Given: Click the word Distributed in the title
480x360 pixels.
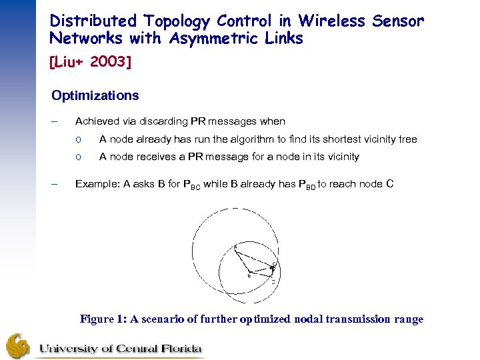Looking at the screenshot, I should pyautogui.click(x=92, y=21).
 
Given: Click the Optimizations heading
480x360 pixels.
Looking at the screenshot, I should pyautogui.click(x=95, y=95).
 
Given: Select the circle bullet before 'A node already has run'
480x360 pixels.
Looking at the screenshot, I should pyautogui.click(x=79, y=140).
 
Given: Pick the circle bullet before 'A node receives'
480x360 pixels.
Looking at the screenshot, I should pyautogui.click(x=79, y=157).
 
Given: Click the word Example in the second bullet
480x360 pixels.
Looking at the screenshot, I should pyautogui.click(x=96, y=183).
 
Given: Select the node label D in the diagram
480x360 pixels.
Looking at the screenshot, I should pyautogui.click(x=273, y=281).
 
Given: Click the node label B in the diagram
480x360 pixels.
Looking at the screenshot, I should pyautogui.click(x=249, y=274).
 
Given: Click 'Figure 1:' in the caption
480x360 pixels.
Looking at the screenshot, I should pyautogui.click(x=105, y=319).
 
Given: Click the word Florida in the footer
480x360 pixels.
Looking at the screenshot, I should pyautogui.click(x=178, y=348).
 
